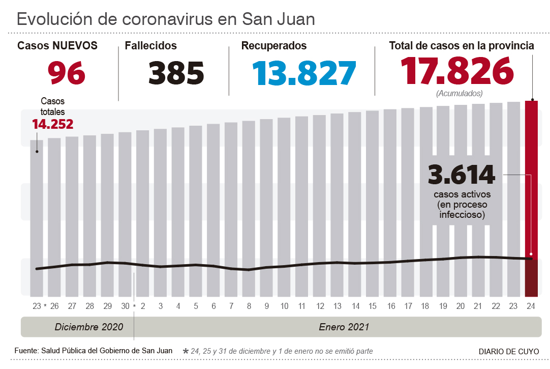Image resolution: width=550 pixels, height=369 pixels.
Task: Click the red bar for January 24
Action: click(x=531, y=198)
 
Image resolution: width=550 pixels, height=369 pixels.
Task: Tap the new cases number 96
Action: click(x=67, y=72)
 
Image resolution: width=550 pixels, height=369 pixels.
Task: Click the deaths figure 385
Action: click(x=176, y=72)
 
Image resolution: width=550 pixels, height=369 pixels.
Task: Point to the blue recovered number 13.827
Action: click(x=304, y=72)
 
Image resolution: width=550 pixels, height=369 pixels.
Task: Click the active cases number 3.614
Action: click(x=462, y=175)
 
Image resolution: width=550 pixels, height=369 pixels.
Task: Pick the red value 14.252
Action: click(x=52, y=124)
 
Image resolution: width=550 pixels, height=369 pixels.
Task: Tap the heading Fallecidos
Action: click(x=151, y=46)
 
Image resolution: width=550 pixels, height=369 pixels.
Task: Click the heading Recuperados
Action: click(x=274, y=46)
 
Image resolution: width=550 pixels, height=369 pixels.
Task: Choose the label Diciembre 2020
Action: click(x=89, y=327)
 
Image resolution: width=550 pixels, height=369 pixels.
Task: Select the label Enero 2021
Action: click(x=344, y=327)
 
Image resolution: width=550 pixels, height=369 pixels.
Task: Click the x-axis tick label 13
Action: click(x=337, y=306)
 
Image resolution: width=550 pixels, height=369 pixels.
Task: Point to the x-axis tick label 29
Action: click(x=107, y=306)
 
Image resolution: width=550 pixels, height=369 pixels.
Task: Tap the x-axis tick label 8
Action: click(x=249, y=306)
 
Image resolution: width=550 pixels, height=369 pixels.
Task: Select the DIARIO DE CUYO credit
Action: click(x=509, y=351)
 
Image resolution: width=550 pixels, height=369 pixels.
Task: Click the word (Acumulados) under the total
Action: click(x=459, y=94)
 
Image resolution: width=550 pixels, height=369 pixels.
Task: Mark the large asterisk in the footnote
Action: click(x=185, y=351)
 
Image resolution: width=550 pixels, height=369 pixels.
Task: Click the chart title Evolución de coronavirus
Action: click(x=166, y=19)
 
